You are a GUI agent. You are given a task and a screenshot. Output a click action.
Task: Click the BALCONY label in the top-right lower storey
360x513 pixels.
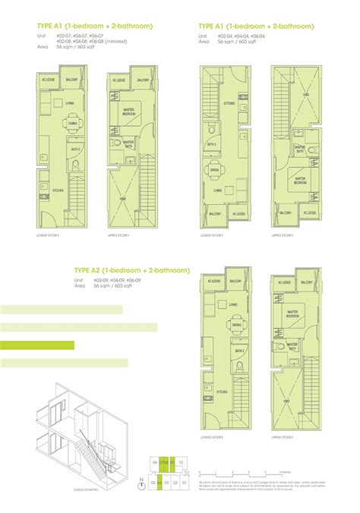[x=208, y=215]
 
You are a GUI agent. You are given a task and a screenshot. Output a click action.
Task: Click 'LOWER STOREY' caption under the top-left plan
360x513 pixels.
[x=47, y=236]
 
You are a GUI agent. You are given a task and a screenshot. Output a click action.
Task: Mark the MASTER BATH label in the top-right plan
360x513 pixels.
[x=302, y=150]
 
